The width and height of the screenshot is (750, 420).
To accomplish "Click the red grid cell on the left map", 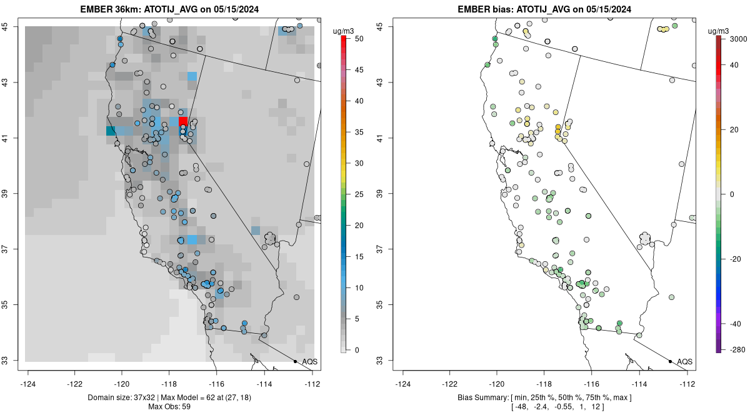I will pos(183,121).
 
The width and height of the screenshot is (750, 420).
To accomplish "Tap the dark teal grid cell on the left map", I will pos(111,131).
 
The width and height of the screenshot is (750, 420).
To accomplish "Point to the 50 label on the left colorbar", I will pos(359,39).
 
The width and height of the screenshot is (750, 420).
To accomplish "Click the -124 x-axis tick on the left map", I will pos(28,384).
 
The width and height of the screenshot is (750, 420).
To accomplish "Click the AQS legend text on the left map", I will pos(309,361).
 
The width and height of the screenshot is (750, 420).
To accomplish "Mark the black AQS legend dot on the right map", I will pos(670,361).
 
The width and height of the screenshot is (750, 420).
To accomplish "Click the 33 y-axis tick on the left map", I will pos(10,361).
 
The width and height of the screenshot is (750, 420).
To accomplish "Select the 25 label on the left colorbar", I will pos(359,194).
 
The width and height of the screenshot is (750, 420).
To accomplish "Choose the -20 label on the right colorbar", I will pos(736,259).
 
